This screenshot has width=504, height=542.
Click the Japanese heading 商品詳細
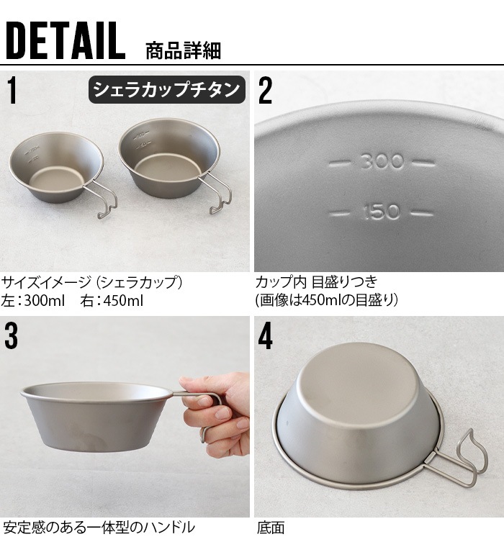183,51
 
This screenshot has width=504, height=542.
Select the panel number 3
11,335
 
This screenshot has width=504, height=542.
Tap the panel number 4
265,336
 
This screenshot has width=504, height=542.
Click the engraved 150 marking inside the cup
382,212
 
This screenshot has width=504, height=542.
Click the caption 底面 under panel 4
271,528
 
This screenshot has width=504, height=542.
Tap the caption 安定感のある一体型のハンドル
99,528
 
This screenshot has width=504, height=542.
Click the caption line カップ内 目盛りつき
316,281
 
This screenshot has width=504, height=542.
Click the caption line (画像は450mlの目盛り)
326,299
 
